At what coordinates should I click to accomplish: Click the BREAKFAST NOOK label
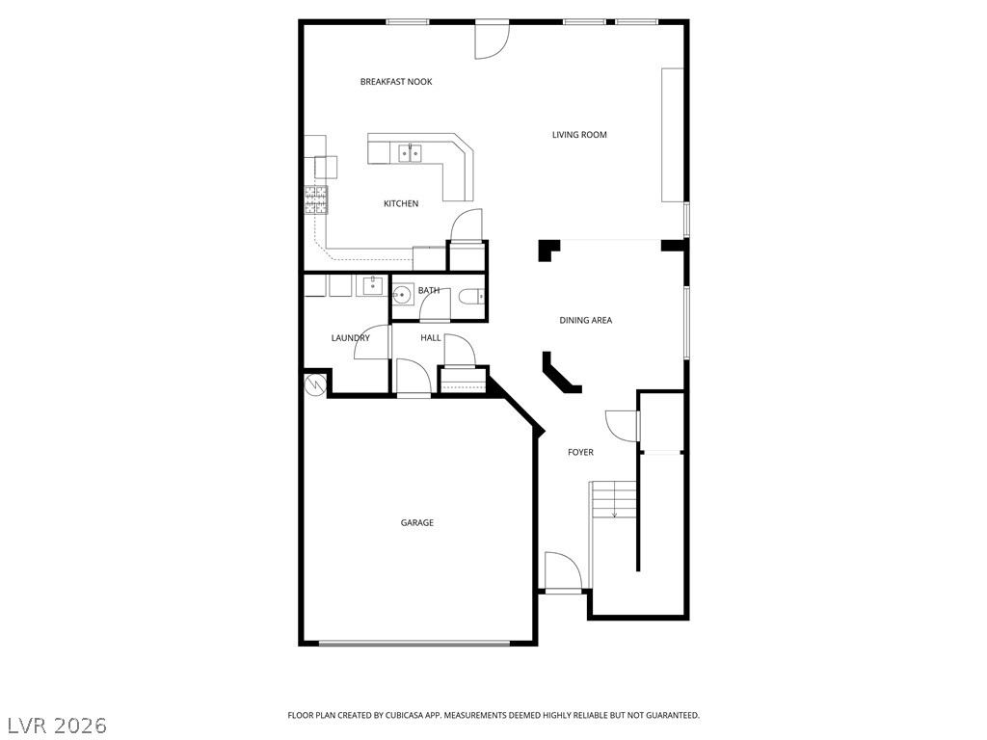(x=395, y=82)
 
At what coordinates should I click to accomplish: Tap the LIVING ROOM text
(x=579, y=135)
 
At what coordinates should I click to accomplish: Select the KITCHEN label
(x=401, y=203)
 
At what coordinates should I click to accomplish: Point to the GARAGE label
(x=417, y=523)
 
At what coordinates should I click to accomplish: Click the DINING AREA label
(x=585, y=321)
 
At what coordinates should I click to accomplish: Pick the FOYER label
(x=580, y=453)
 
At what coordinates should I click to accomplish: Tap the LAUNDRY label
(x=350, y=338)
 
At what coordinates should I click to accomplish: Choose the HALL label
(x=431, y=338)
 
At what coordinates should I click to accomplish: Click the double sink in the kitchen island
(x=411, y=152)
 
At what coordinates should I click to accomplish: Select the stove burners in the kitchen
(x=316, y=200)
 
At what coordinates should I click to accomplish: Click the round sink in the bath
(x=403, y=294)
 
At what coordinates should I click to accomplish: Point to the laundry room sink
(x=371, y=285)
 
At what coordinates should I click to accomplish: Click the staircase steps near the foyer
(x=614, y=501)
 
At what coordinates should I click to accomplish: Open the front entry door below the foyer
(x=563, y=572)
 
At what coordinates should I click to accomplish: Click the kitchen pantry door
(x=466, y=227)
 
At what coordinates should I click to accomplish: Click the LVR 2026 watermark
(x=57, y=724)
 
